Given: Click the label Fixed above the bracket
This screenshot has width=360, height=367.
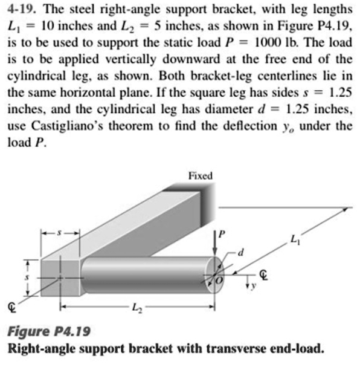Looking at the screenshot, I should (200, 176).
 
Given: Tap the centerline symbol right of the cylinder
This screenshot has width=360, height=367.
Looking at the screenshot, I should (263, 275).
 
